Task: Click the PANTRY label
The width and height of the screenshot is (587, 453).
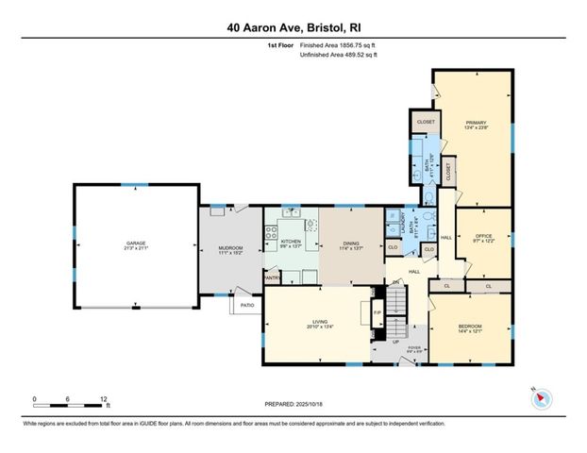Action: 272,277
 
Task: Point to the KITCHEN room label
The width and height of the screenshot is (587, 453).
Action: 291,242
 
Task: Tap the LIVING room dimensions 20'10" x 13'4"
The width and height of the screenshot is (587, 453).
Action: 313,328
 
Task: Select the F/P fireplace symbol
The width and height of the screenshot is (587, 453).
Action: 377,312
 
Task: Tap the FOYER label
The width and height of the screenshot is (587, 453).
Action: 413,348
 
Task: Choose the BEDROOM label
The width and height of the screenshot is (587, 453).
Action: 469,325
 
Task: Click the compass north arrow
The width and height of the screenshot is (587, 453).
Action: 541,398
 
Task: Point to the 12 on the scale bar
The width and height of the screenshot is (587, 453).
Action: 104,398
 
